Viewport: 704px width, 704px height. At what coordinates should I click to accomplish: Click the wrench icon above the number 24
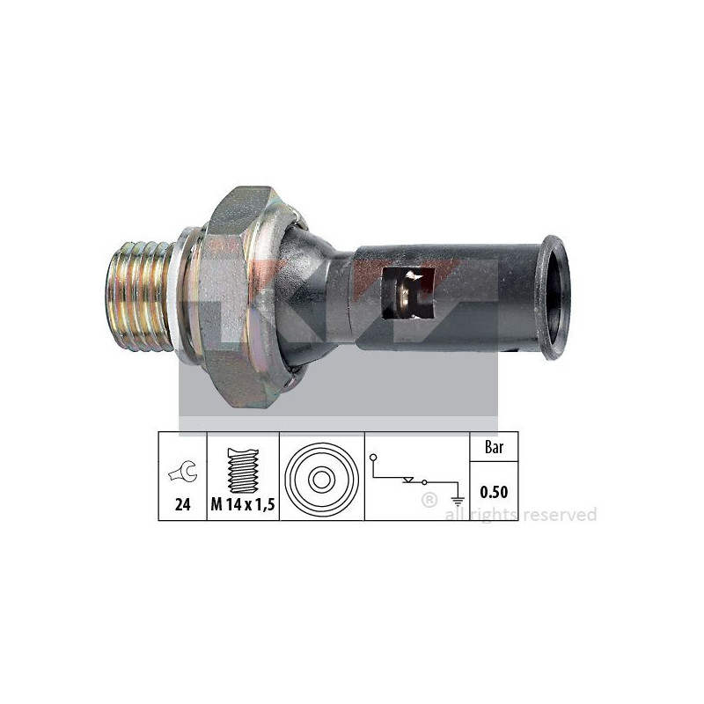184,472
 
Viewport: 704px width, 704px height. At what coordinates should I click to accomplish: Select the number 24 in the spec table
182,504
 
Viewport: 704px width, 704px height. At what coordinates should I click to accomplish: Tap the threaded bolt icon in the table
244,470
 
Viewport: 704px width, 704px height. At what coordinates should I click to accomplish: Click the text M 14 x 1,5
243,505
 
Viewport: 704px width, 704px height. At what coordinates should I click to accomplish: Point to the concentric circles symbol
321,480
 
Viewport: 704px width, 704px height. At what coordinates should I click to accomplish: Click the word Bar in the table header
494,447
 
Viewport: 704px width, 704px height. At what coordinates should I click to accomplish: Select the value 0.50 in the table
494,492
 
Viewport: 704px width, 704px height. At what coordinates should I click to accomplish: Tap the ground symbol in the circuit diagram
458,502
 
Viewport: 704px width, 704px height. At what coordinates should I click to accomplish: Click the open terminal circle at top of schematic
373,458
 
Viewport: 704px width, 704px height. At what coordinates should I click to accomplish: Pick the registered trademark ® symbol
429,500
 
